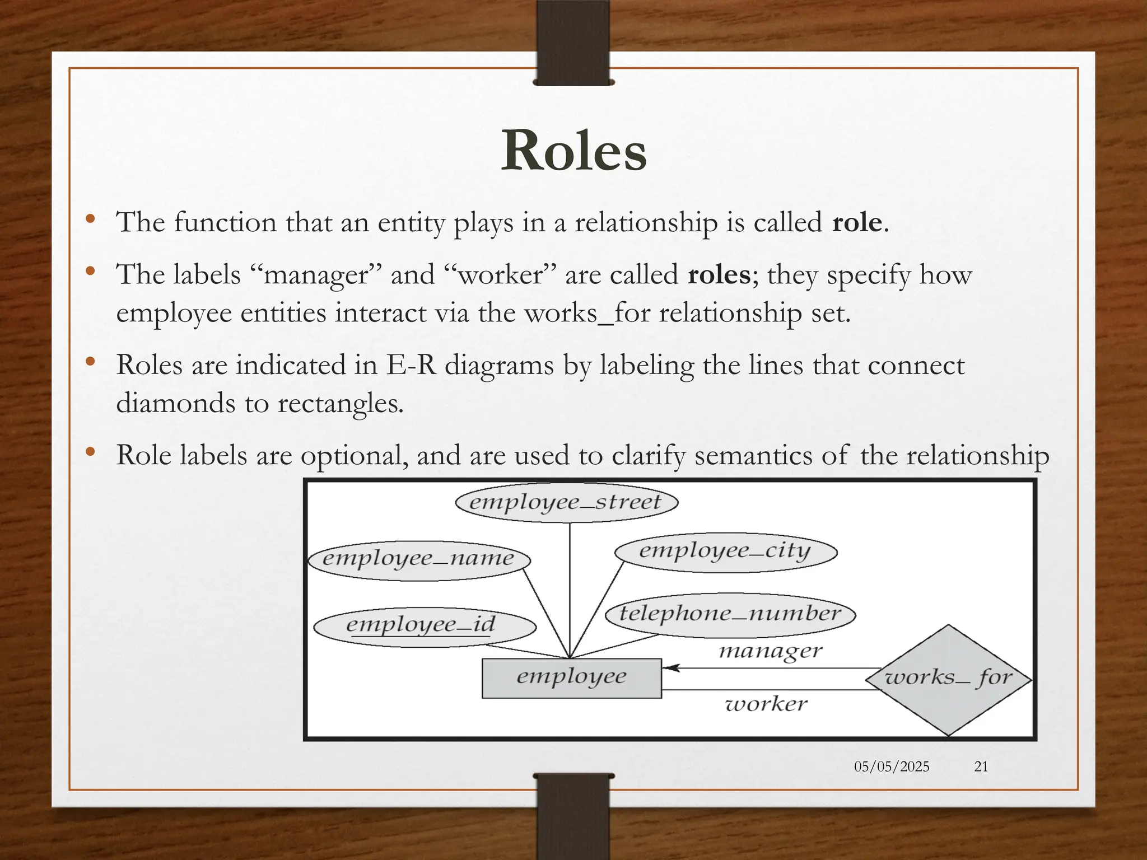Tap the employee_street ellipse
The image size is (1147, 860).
point(566,502)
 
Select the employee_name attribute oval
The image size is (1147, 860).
point(419,559)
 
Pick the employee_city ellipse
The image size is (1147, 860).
point(725,551)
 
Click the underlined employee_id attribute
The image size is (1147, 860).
point(421,625)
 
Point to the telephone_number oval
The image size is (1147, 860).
point(730,614)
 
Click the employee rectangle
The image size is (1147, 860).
point(571,677)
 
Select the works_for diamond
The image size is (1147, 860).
point(948,679)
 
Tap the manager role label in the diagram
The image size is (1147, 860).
point(771,651)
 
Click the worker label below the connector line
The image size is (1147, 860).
point(766,704)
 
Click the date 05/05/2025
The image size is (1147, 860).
point(892,766)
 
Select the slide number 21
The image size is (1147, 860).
point(981,766)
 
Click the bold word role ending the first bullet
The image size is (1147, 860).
point(857,223)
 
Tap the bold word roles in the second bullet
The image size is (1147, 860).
point(719,275)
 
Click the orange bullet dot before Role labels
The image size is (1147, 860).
point(90,451)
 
